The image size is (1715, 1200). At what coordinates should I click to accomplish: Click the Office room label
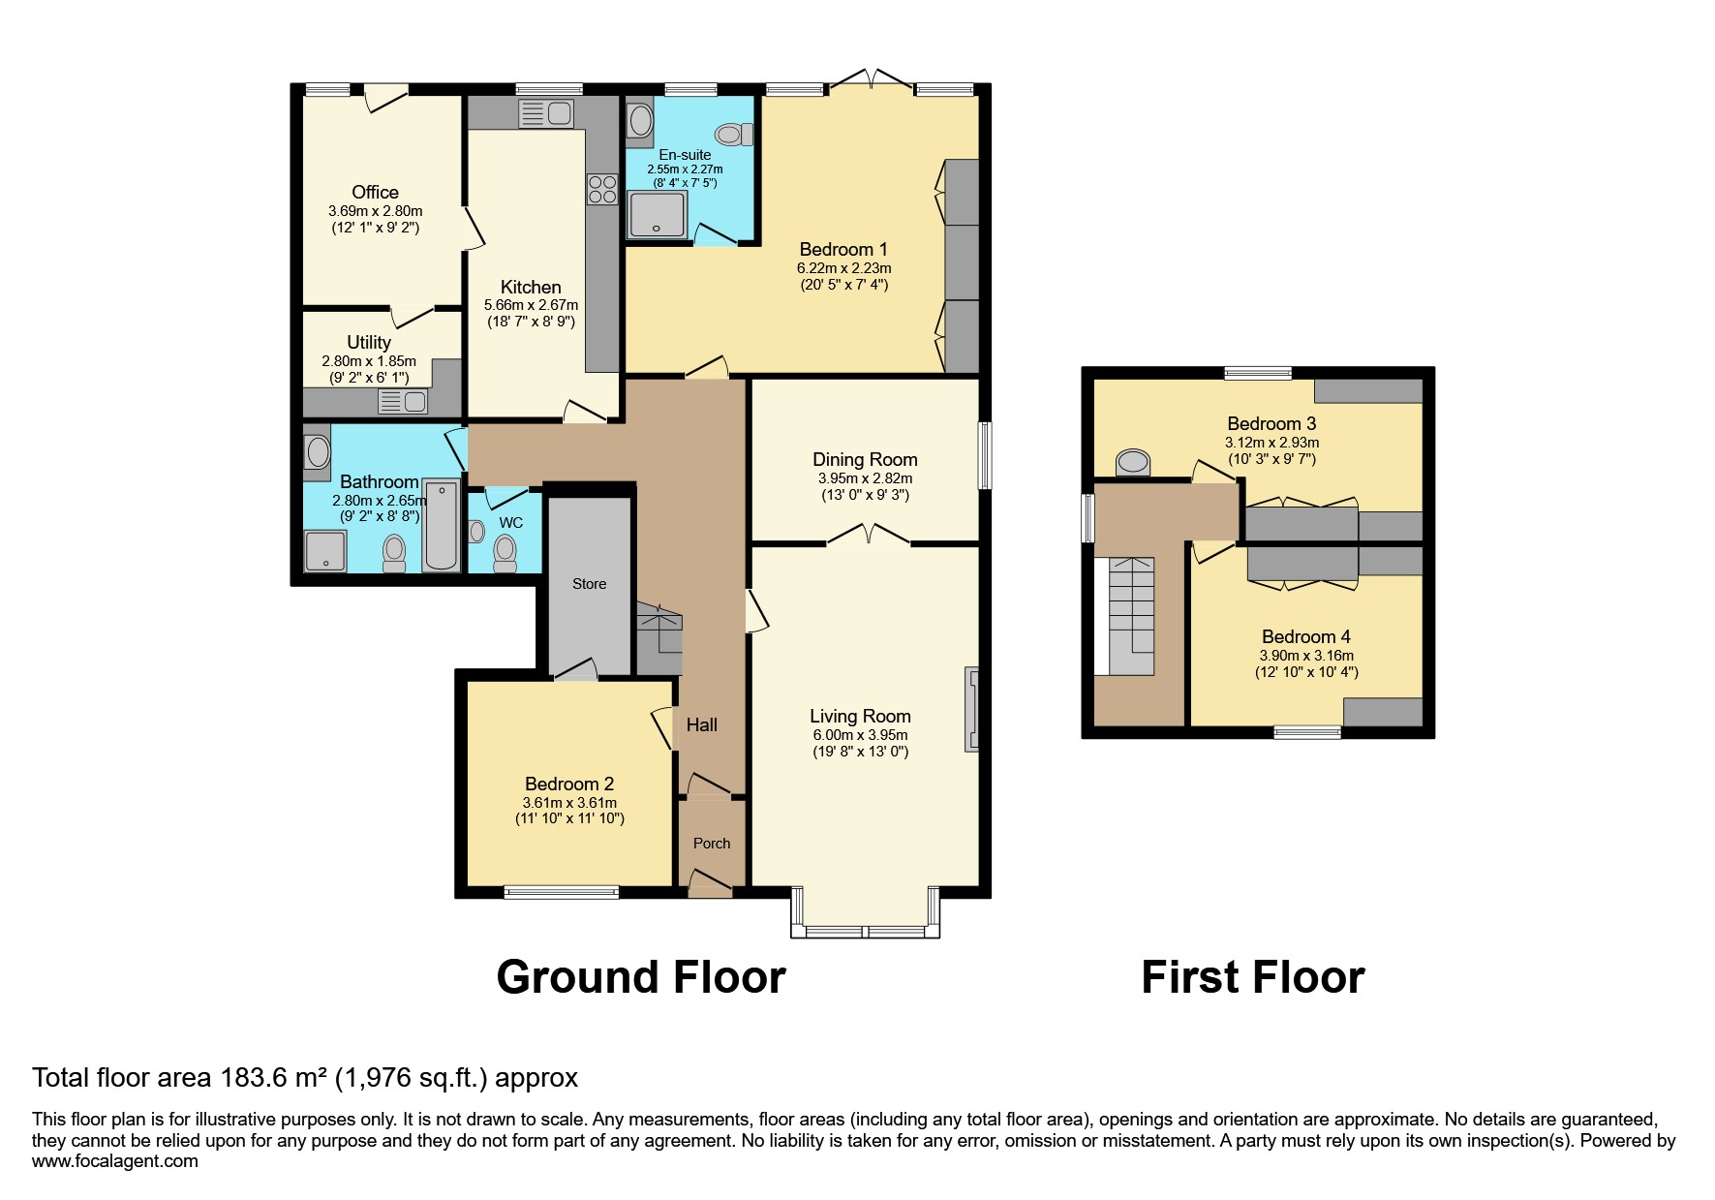375,192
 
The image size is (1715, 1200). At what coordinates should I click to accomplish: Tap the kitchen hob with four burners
601,188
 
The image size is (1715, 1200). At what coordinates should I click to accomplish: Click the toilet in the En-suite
732,134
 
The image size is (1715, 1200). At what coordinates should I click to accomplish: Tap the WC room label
510,523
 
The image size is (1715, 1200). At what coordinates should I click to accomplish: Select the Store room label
589,584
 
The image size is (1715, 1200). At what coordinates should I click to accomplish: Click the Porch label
711,844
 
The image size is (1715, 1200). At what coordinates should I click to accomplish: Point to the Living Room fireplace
971,709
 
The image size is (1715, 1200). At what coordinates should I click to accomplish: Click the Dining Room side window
984,455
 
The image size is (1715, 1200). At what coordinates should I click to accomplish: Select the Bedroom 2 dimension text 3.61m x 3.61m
570,803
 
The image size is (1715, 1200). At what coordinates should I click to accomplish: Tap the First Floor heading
1252,977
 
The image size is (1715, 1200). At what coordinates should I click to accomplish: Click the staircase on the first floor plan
1130,616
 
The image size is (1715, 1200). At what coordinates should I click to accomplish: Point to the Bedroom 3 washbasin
1131,463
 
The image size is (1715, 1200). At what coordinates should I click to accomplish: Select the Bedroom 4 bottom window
1307,732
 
